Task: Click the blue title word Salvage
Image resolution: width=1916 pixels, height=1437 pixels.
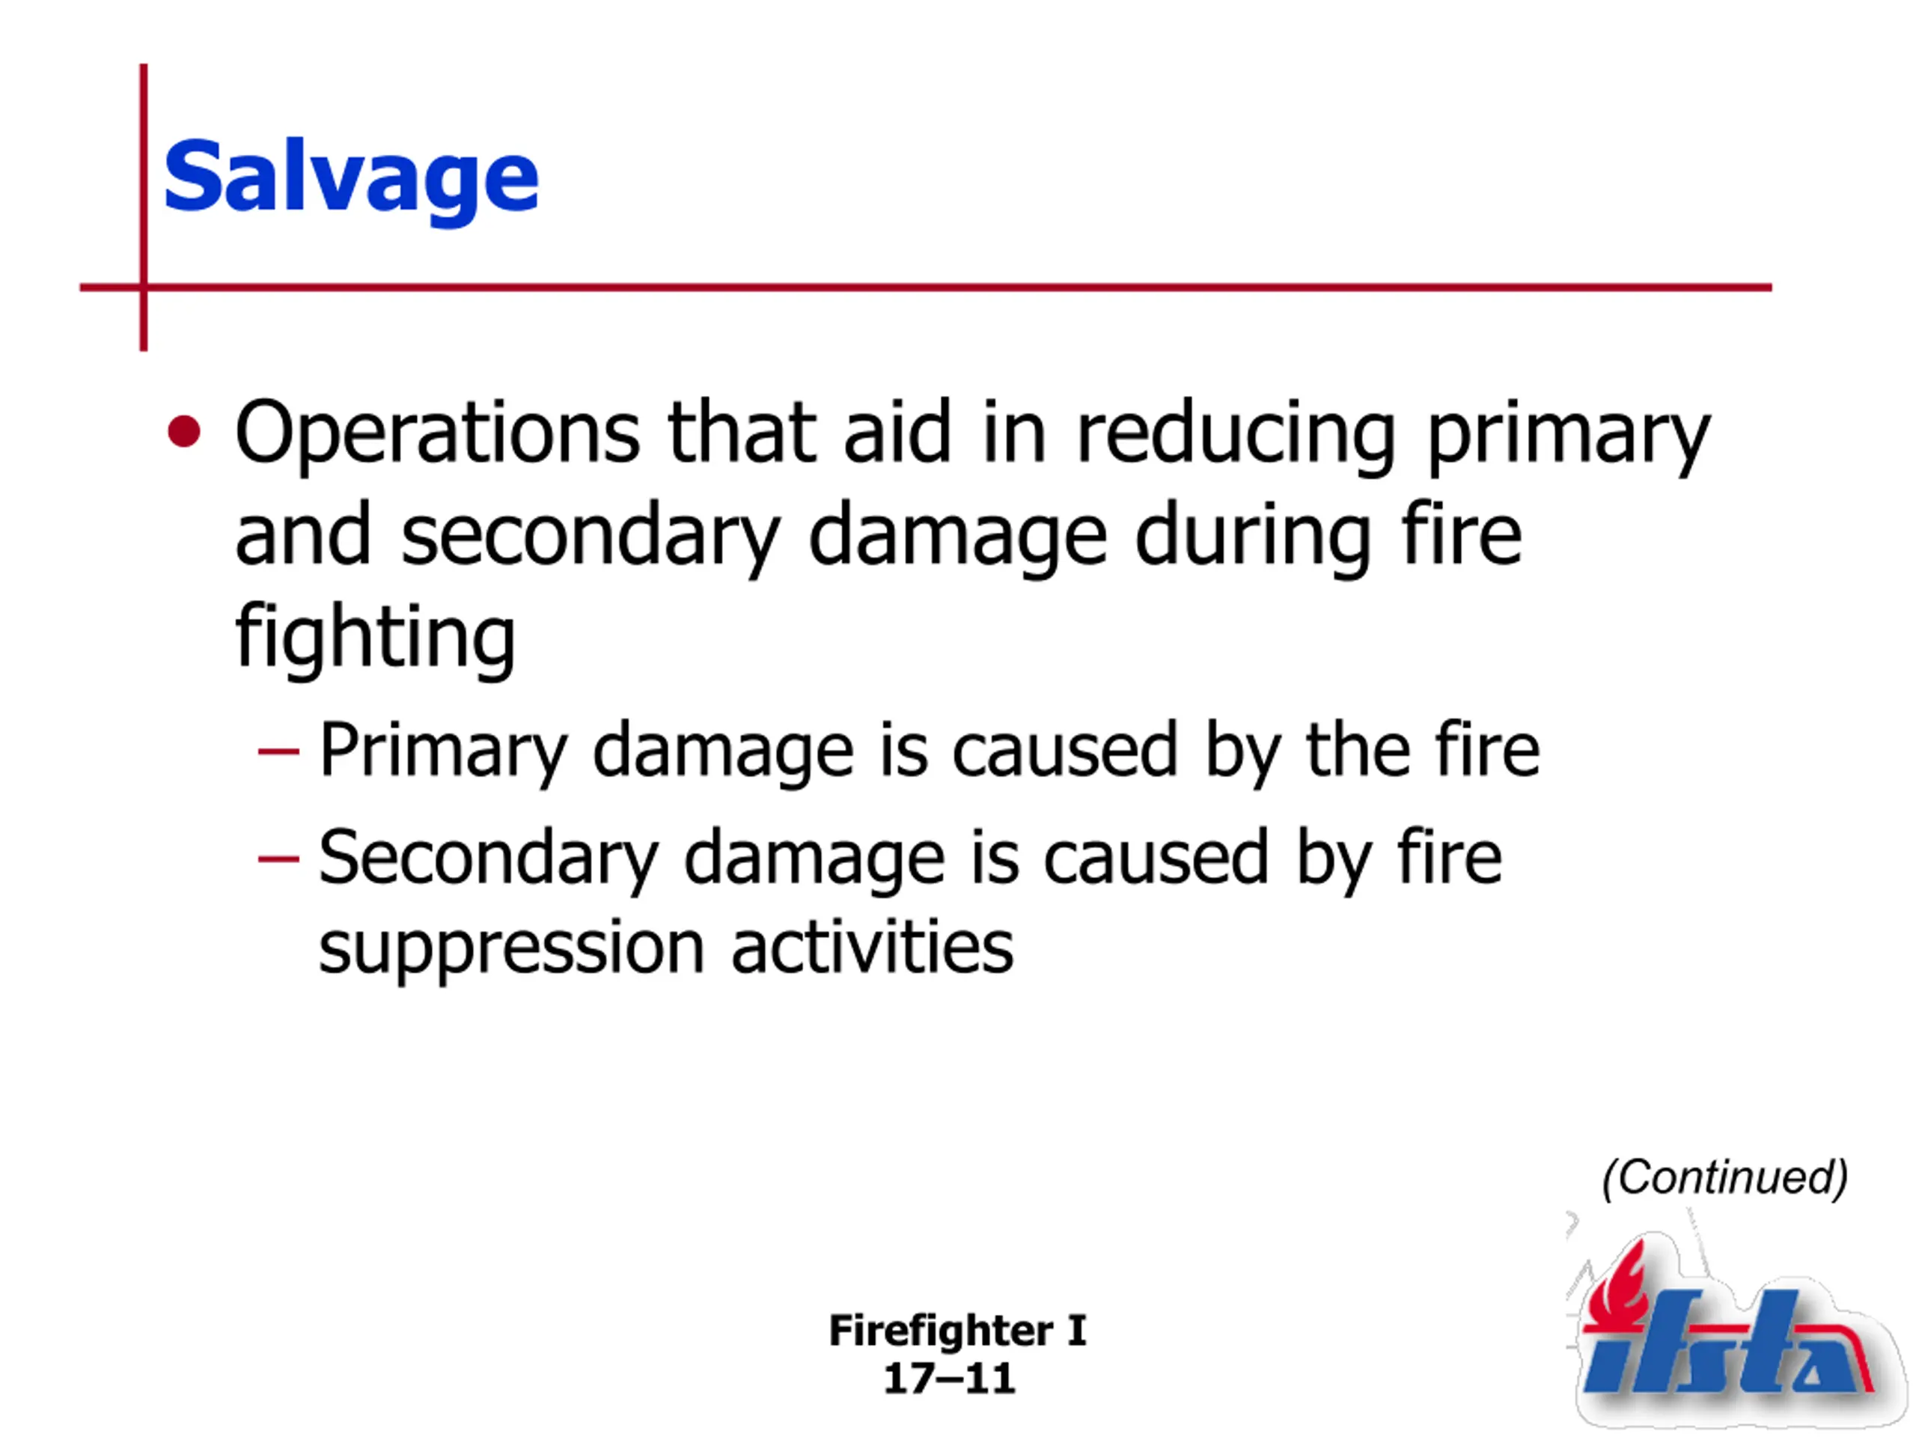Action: (x=351, y=180)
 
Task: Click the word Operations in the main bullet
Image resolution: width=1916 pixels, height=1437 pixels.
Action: (x=437, y=434)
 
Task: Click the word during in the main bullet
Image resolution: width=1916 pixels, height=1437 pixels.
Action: (x=1252, y=537)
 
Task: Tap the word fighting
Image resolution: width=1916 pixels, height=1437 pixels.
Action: (x=375, y=638)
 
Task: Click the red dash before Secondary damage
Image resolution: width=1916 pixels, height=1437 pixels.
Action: (x=278, y=859)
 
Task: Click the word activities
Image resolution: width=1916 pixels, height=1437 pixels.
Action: (x=872, y=946)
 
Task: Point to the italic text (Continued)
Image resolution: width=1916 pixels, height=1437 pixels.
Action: (x=1724, y=1177)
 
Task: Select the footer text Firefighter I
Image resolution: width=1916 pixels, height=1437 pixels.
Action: (x=957, y=1331)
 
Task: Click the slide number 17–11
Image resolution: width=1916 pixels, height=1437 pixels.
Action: (x=949, y=1379)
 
